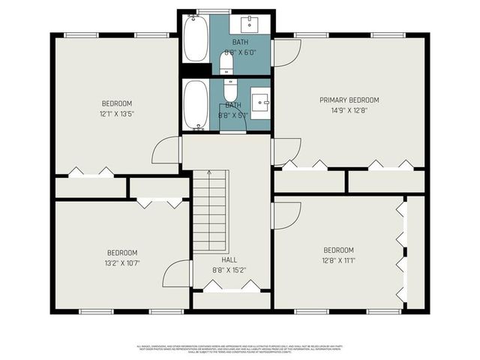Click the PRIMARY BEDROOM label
pyautogui.click(x=349, y=100)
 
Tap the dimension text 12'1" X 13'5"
pyautogui.click(x=117, y=114)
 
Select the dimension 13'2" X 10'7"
pyautogui.click(x=121, y=263)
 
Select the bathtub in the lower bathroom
pyautogui.click(x=196, y=106)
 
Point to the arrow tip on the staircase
pyautogui.click(x=211, y=172)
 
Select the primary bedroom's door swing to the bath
pyautogui.click(x=286, y=52)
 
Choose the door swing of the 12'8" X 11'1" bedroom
pyautogui.click(x=286, y=214)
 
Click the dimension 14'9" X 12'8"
pyautogui.click(x=349, y=110)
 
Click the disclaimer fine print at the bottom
pyautogui.click(x=240, y=349)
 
